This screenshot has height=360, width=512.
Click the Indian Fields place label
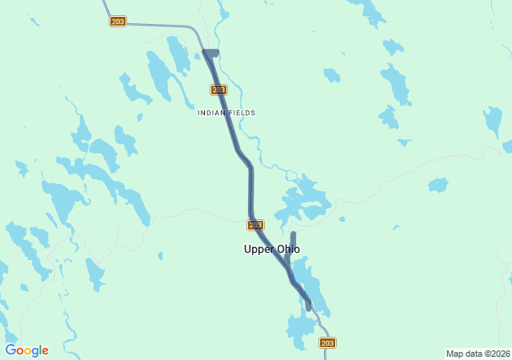click(x=226, y=113)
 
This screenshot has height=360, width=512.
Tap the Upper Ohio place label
click(x=272, y=249)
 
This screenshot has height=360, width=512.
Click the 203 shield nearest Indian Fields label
click(x=219, y=90)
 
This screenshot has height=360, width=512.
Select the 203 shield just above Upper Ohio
click(x=255, y=225)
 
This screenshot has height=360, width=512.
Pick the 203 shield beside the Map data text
click(x=327, y=342)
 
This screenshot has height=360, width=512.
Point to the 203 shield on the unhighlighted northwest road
click(x=118, y=22)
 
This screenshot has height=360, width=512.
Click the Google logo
click(x=27, y=350)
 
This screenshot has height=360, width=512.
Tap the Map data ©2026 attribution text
click(x=477, y=354)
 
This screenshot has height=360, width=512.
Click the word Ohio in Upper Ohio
click(x=287, y=249)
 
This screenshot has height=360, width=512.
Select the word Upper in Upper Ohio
click(x=258, y=249)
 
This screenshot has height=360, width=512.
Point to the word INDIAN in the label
click(x=211, y=113)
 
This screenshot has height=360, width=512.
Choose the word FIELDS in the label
click(x=241, y=113)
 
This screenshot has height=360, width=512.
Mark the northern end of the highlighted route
click(x=210, y=54)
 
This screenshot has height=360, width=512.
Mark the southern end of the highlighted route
click(x=308, y=306)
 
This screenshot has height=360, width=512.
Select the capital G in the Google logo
click(x=10, y=350)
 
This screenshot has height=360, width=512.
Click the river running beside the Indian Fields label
click(x=254, y=136)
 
